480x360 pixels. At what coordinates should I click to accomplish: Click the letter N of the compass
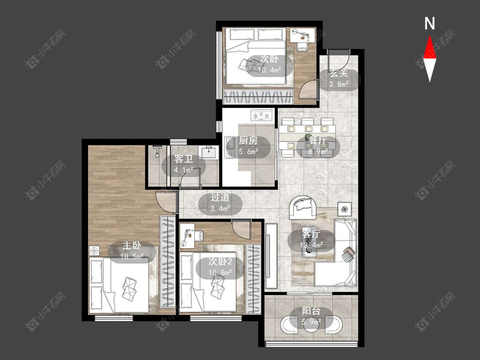[430, 23]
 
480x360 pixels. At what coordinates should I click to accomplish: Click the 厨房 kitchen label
[248, 140]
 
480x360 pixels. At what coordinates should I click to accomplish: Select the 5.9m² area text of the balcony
[311, 322]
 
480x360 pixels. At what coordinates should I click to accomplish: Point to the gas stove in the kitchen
[262, 115]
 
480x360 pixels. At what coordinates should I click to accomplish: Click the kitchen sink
[229, 147]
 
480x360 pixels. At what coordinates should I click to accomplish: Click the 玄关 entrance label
[339, 73]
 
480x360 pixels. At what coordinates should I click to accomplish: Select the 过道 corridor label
[220, 197]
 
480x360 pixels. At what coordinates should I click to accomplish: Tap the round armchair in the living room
[303, 207]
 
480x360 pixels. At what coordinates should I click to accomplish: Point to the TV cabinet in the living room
[271, 255]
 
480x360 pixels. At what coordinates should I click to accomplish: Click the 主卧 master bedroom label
[132, 245]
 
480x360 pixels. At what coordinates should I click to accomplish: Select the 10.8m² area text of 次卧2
[220, 272]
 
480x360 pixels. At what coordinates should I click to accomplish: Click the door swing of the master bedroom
[166, 201]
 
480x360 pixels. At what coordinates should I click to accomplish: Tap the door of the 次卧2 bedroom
[241, 229]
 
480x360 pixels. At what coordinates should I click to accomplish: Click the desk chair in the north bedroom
[303, 46]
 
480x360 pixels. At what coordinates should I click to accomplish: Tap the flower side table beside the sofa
[344, 209]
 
